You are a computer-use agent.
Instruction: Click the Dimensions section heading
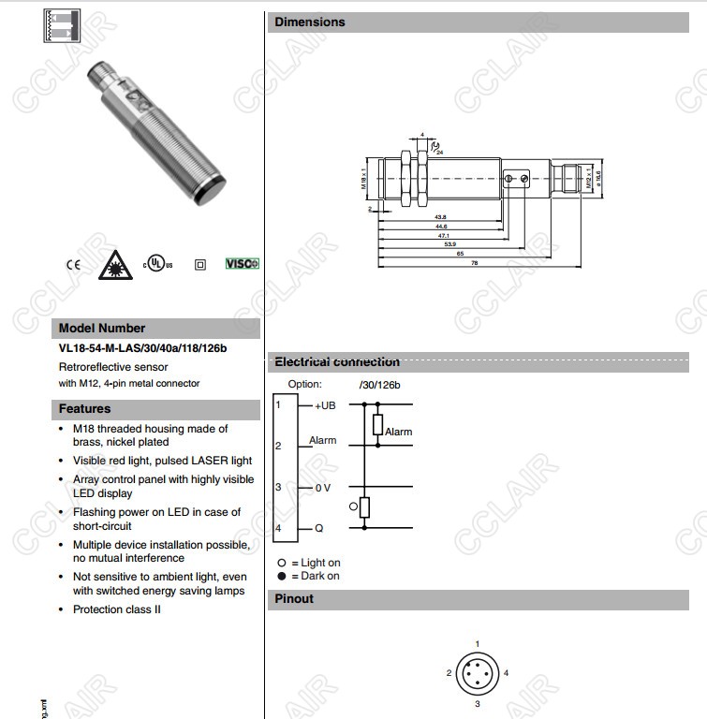(x=310, y=22)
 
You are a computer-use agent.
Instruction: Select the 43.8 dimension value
(x=440, y=217)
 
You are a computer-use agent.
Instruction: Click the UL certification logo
(x=158, y=264)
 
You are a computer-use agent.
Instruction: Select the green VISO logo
(x=242, y=264)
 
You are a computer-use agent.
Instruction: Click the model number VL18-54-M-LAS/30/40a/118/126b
(x=142, y=349)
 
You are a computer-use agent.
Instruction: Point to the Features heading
(x=84, y=409)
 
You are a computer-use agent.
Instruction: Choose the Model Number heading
(x=102, y=329)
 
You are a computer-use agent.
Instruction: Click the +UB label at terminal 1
(x=325, y=405)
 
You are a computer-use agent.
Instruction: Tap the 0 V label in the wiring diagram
(x=322, y=488)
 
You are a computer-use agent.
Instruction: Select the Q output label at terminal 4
(x=318, y=529)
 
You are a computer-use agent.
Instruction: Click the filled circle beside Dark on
(x=281, y=576)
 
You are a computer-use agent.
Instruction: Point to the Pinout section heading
(x=294, y=599)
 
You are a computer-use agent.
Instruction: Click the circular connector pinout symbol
(x=477, y=673)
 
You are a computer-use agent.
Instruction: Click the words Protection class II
(x=117, y=609)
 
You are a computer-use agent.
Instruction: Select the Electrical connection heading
(x=337, y=362)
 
